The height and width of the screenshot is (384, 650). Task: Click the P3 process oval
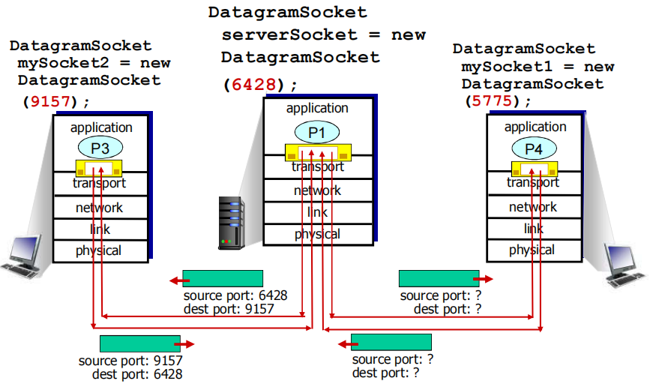100,148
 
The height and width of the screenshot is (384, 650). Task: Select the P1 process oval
317,133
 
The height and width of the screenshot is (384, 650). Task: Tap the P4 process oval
533,148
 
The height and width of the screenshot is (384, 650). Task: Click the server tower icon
232,222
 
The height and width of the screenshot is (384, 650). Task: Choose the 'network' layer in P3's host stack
99,207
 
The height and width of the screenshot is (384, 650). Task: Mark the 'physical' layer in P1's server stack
317,234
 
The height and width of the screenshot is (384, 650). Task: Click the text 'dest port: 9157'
229,308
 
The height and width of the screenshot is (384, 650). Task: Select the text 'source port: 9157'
130,361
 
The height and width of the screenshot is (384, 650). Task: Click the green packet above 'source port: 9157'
140,343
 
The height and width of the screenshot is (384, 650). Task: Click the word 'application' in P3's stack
101,127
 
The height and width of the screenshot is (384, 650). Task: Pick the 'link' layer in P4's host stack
533,228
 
